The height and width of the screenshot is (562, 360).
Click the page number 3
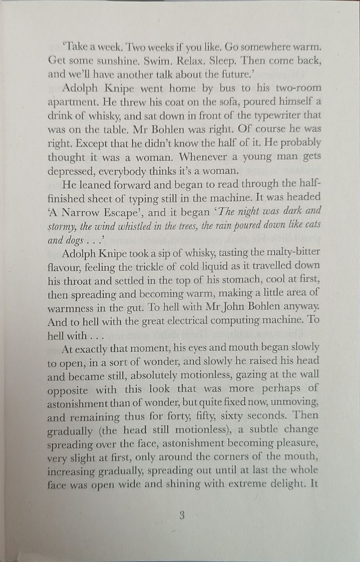(182, 516)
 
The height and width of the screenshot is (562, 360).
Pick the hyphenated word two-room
(296, 88)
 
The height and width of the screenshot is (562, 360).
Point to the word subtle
(261, 429)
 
